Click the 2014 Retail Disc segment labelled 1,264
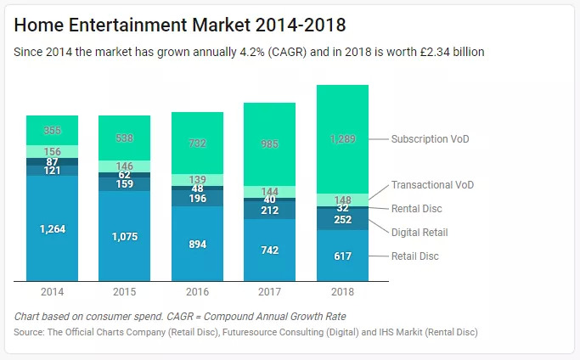click(x=52, y=228)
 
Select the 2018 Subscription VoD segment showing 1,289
click(x=342, y=138)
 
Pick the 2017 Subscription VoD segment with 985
click(x=269, y=144)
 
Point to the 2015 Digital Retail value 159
click(x=124, y=183)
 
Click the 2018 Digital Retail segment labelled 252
click(x=342, y=219)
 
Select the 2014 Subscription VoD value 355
click(x=52, y=130)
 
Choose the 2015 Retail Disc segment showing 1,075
click(x=124, y=236)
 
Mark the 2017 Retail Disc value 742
click(x=269, y=250)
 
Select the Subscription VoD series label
click(x=430, y=138)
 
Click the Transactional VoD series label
click(x=432, y=185)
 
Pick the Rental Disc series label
click(x=416, y=208)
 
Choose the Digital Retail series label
click(x=420, y=232)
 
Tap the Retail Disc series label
click(x=415, y=256)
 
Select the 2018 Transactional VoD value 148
click(x=342, y=200)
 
